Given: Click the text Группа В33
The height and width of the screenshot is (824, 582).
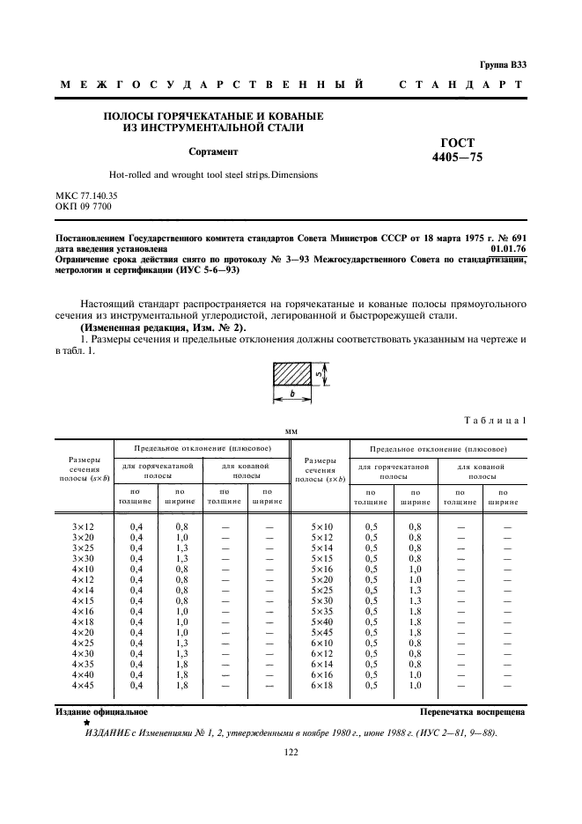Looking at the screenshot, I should pyautogui.click(x=504, y=64).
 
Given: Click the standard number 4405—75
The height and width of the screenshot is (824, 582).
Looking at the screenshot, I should pyautogui.click(x=458, y=158).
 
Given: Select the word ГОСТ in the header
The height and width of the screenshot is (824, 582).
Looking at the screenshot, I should pyautogui.click(x=458, y=143).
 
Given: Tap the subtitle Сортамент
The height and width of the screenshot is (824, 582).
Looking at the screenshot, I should pyautogui.click(x=213, y=151).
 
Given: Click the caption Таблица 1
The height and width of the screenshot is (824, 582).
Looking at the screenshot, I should pyautogui.click(x=498, y=421).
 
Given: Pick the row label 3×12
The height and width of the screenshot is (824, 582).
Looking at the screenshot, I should pyautogui.click(x=85, y=526).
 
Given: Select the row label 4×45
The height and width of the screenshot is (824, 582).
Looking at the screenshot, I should pyautogui.click(x=85, y=684).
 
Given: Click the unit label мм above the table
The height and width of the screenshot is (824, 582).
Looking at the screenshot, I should pyautogui.click(x=291, y=430).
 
